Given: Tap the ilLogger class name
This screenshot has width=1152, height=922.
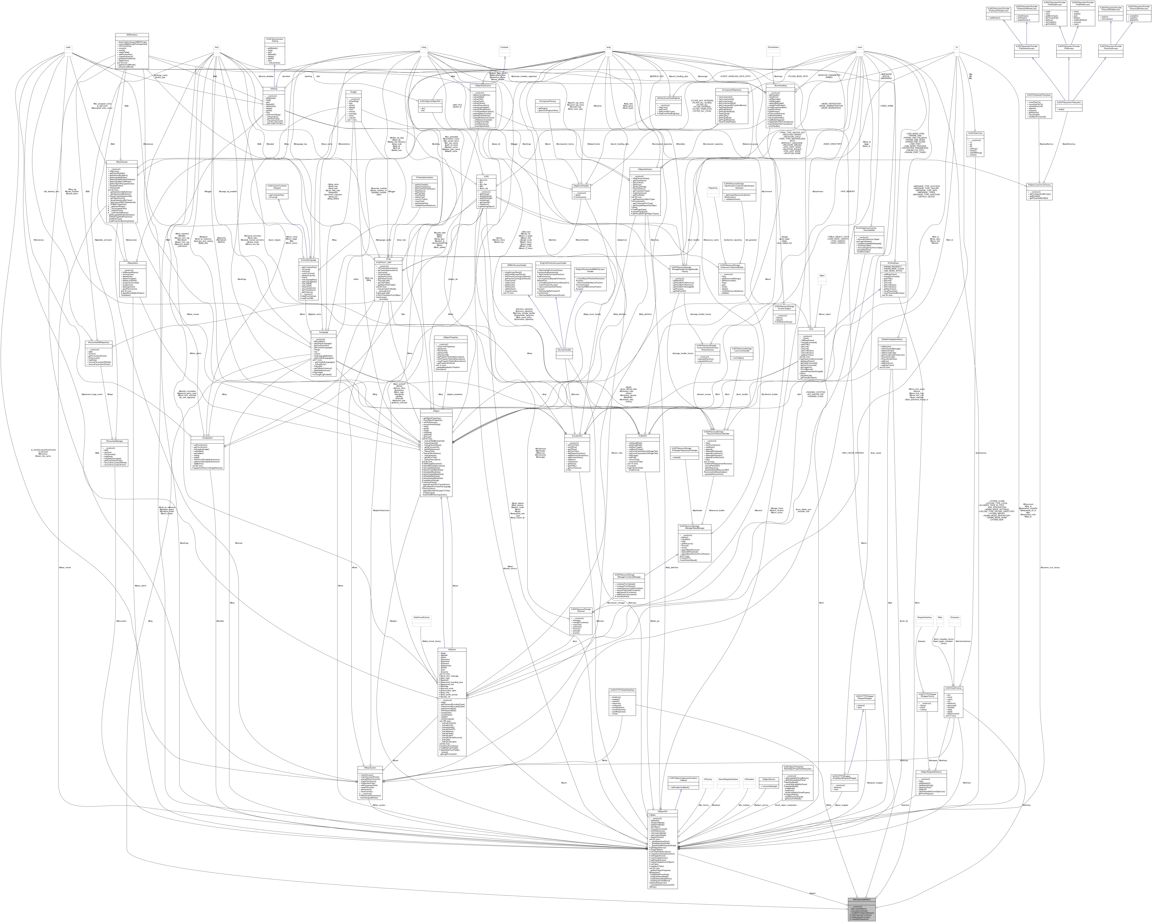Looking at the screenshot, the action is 353,92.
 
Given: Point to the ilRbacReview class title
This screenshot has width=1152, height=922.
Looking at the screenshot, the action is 122,162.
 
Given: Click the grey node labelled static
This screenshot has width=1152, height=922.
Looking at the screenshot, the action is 68,47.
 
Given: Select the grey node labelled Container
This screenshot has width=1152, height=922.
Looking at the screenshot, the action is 504,47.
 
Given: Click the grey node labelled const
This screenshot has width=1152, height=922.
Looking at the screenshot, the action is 860,47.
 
